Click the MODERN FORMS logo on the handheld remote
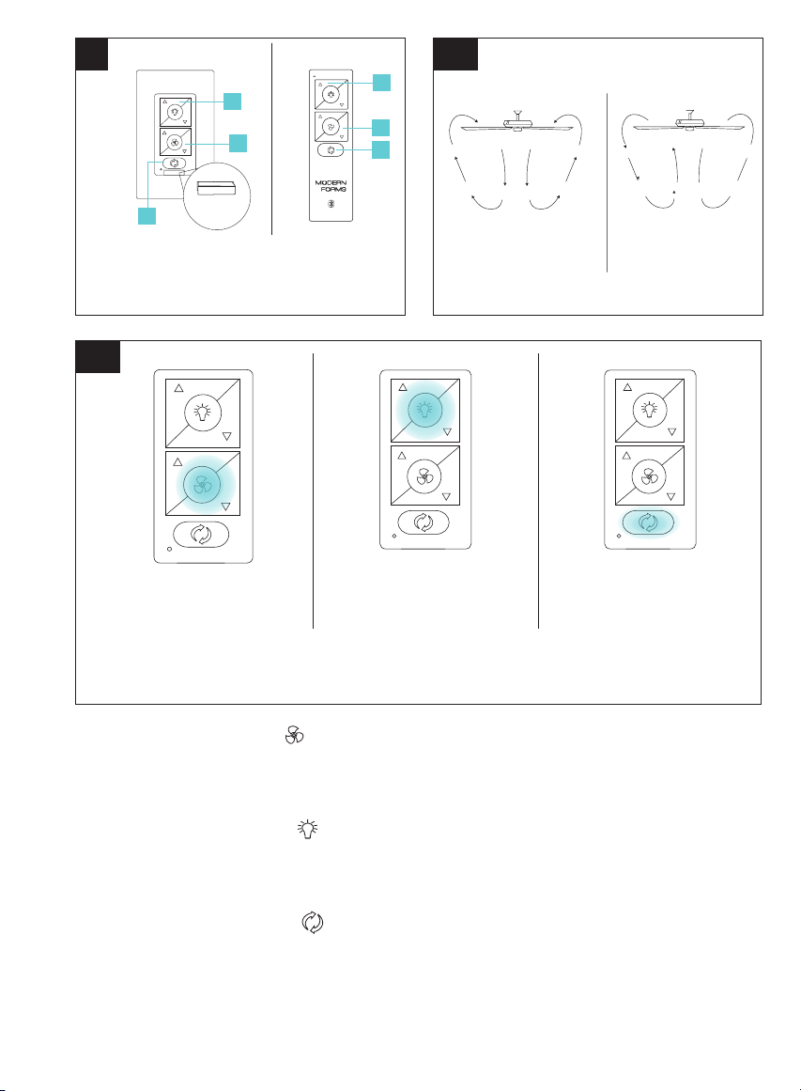(x=331, y=186)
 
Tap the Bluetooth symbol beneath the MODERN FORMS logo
(x=331, y=204)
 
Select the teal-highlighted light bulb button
(x=424, y=409)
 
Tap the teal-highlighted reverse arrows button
(x=648, y=522)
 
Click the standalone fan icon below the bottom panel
(x=295, y=735)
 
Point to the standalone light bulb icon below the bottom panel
(x=307, y=828)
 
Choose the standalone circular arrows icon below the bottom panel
(x=313, y=922)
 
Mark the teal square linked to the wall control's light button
(x=232, y=101)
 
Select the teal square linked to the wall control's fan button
(x=238, y=143)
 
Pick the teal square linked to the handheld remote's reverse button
(x=380, y=149)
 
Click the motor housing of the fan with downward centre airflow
(x=517, y=125)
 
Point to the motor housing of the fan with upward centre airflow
(x=690, y=124)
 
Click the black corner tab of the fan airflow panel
(x=455, y=55)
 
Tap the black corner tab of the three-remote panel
(x=98, y=356)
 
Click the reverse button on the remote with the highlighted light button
(x=424, y=522)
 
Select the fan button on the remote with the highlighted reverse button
(x=649, y=476)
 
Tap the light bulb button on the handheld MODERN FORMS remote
(x=331, y=94)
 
